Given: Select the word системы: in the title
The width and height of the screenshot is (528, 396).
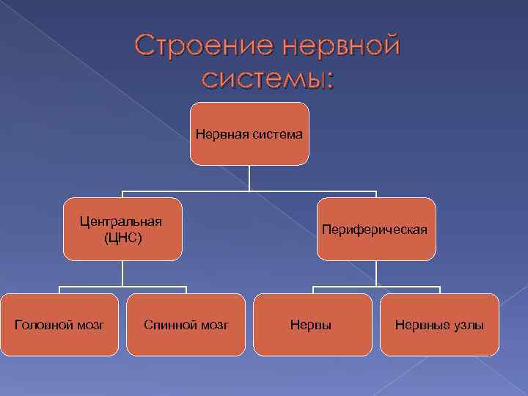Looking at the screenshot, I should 267,77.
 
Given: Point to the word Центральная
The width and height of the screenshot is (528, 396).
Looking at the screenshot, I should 122,222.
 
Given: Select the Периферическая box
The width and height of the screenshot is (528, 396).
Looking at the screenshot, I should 375,229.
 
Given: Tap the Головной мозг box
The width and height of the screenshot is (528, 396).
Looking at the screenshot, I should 59,324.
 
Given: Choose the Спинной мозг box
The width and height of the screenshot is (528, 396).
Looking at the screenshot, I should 186,324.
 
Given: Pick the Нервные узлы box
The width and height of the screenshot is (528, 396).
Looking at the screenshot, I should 439,324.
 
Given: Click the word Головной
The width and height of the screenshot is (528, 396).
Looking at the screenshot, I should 41,324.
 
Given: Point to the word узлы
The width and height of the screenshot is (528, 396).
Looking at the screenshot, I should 466,324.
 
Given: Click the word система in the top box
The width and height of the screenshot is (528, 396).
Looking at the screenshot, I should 276,134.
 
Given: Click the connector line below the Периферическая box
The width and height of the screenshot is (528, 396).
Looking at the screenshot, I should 375,273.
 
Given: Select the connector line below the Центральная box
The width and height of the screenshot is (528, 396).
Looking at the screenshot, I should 122,273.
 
